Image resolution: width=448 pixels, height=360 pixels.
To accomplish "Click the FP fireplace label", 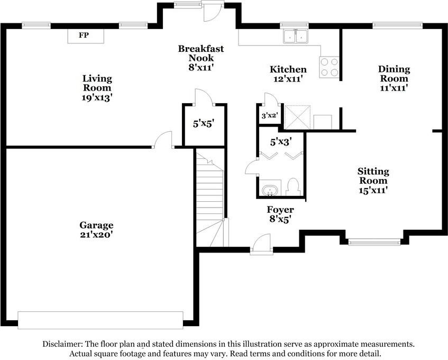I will point(84,35).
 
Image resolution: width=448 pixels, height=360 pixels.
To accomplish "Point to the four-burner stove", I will point(328,67).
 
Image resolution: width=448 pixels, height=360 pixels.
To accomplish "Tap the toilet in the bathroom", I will point(293,186).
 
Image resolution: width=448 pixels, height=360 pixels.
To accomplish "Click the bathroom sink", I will point(270,189).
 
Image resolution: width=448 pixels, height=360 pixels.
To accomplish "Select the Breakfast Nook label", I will point(200,53).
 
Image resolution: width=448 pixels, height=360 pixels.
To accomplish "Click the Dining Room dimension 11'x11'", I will point(394,88).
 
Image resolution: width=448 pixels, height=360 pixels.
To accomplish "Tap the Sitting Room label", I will point(373,176).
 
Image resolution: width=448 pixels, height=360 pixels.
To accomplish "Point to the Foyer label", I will point(280,210).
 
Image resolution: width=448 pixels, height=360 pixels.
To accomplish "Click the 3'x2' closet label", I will point(269,115).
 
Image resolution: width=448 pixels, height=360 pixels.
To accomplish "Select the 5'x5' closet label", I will point(203,125).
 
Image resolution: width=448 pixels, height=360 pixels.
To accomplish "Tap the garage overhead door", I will point(100,320).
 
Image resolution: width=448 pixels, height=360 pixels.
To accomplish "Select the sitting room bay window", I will point(374,242).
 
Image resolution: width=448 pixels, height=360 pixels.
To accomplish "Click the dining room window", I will point(397,24).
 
